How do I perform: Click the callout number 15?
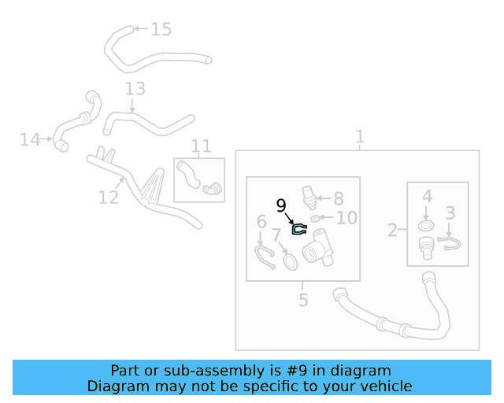161,30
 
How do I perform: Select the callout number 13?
135,88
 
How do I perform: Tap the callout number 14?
30,140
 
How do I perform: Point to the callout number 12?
109,197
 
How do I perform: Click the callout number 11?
202,146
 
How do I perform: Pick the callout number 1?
360,138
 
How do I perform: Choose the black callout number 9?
281,206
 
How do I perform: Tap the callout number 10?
346,218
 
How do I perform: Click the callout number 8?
339,199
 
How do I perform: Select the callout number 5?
303,300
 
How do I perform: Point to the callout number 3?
450,213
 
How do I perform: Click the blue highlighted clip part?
300,230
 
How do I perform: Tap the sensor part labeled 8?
311,197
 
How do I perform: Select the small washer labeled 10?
316,219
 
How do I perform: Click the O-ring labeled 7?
290,260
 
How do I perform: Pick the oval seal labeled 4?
426,227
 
